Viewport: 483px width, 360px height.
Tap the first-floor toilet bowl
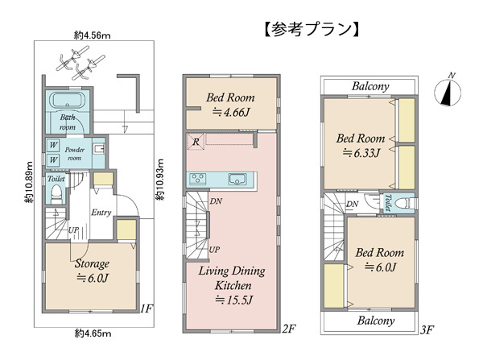(56, 193)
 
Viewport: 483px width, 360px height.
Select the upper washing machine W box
(53, 145)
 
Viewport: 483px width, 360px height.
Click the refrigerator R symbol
(196, 142)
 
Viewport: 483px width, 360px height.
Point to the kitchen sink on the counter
(237, 179)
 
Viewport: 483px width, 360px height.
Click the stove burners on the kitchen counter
(198, 179)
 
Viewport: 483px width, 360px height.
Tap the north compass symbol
(448, 91)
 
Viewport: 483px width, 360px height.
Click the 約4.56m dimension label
(92, 35)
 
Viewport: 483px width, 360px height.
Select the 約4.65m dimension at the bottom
(93, 333)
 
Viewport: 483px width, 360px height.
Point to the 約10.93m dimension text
(159, 180)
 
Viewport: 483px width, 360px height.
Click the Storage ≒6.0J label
(92, 271)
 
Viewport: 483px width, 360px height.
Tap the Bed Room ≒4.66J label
(230, 105)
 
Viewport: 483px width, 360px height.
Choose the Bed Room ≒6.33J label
(361, 146)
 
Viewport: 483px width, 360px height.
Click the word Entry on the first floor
(101, 213)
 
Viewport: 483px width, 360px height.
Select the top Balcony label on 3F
(370, 86)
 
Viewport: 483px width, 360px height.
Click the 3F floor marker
(427, 330)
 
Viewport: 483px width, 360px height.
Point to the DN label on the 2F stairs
(217, 201)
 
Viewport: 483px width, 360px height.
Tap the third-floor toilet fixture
(402, 204)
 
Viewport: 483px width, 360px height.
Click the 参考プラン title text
(312, 29)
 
